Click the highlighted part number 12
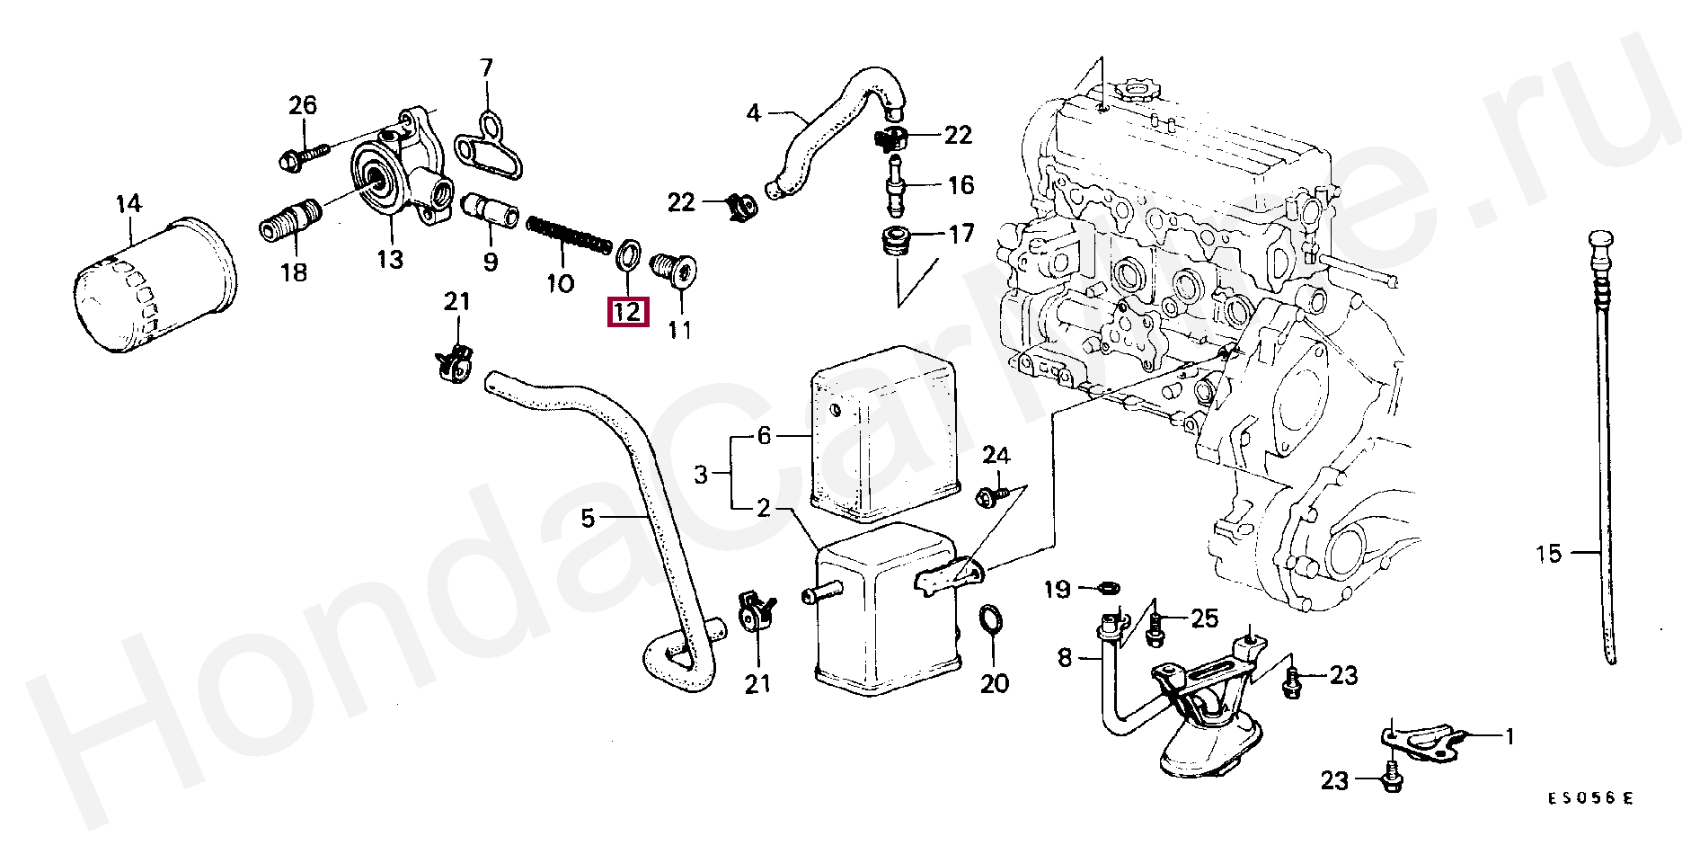(x=627, y=312)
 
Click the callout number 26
(x=303, y=105)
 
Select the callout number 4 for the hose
(x=753, y=113)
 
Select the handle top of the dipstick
(x=1599, y=244)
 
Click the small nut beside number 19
(x=1109, y=589)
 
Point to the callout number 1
(x=1510, y=737)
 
